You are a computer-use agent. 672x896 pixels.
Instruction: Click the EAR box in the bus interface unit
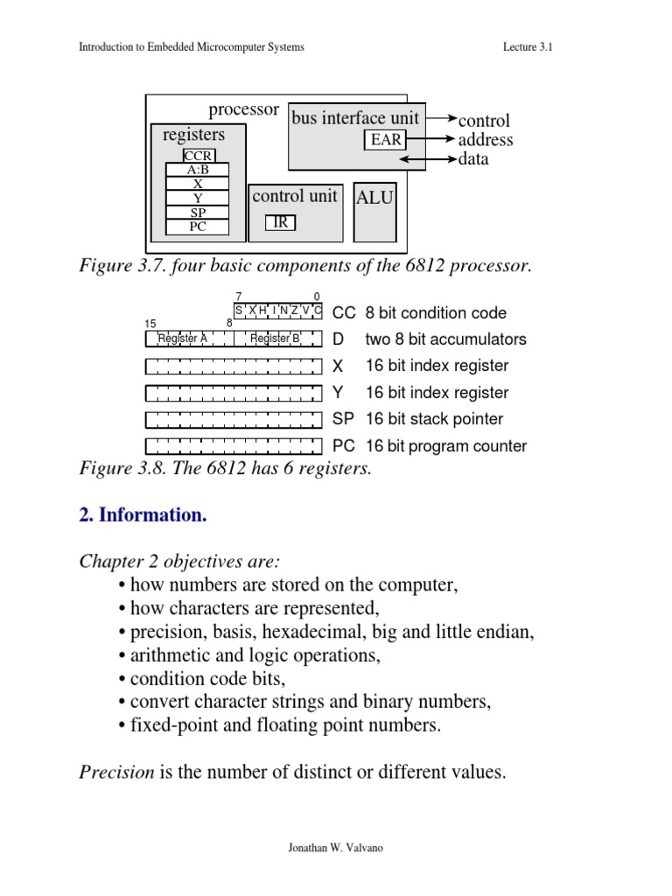pyautogui.click(x=386, y=139)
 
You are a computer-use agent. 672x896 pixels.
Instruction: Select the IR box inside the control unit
pyautogui.click(x=281, y=222)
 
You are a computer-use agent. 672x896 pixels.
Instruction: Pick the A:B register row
pyautogui.click(x=197, y=171)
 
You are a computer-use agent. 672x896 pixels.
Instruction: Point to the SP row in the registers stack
pyautogui.click(x=197, y=213)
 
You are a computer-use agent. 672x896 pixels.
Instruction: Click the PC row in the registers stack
pyautogui.click(x=197, y=227)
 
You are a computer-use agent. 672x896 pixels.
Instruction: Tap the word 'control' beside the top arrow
pyautogui.click(x=484, y=121)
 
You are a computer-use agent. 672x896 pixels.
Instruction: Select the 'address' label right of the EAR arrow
pyautogui.click(x=486, y=140)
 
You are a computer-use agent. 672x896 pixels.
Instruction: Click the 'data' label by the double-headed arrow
pyautogui.click(x=473, y=159)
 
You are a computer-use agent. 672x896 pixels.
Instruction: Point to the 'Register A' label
pyautogui.click(x=182, y=339)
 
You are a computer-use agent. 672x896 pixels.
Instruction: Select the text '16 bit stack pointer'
pyautogui.click(x=434, y=419)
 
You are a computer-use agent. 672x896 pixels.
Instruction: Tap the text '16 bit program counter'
pyautogui.click(x=445, y=446)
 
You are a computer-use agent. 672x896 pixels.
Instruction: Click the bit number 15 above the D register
pyautogui.click(x=150, y=324)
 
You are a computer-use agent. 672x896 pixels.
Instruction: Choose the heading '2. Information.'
pyautogui.click(x=143, y=515)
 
